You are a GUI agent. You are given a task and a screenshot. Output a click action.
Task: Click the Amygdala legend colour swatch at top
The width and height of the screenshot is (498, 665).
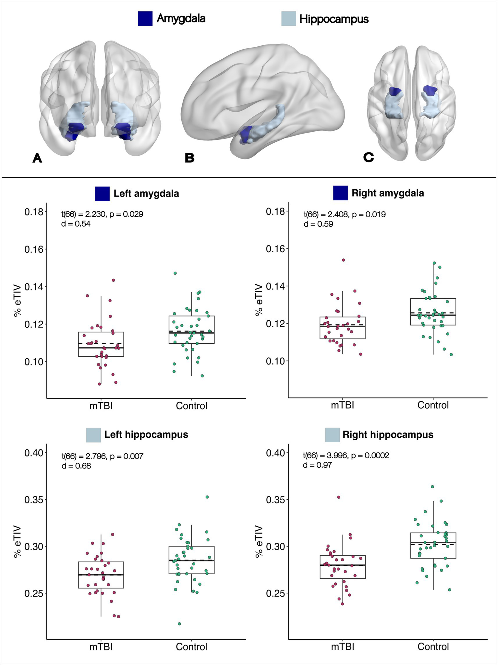point(145,18)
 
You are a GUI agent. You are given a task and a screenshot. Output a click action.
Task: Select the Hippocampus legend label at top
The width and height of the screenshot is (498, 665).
point(334,19)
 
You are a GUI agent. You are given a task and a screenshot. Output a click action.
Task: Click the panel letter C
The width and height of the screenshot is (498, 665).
point(368,158)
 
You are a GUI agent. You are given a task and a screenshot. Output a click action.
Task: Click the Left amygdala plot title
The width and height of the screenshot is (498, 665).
point(146,194)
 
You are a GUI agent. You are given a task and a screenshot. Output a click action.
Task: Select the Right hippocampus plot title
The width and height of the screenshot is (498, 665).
point(388,435)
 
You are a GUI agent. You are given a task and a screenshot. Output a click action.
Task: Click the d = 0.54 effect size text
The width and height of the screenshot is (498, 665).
point(76,224)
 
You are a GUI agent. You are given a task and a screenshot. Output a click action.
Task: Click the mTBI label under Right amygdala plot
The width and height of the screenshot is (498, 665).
point(343,405)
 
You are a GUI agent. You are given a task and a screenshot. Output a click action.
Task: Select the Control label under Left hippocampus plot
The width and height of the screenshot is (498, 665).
point(191,647)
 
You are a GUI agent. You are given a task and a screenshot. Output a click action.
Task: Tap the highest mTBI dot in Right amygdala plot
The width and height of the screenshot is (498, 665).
point(343,260)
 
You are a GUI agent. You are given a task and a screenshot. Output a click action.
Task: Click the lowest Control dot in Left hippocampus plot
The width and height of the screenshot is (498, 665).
point(179,623)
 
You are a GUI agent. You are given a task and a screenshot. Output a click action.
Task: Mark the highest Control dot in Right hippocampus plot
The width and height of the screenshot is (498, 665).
point(432,487)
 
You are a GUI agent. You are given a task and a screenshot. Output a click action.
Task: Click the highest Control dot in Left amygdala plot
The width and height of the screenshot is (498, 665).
point(175,273)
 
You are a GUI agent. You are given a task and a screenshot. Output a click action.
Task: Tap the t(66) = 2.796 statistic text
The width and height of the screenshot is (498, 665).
point(84,457)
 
